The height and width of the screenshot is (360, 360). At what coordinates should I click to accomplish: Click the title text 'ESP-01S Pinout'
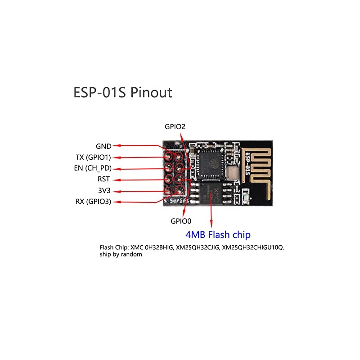[122, 93]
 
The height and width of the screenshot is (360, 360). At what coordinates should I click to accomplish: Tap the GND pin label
[103, 146]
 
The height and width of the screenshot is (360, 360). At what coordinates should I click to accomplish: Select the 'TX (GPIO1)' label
[93, 157]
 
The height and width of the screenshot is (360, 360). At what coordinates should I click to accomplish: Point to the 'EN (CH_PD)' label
[93, 168]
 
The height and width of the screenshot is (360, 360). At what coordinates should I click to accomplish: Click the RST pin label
[103, 179]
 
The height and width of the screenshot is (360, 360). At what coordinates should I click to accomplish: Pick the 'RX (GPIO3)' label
[93, 202]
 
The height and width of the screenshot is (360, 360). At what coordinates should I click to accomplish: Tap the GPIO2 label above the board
[175, 127]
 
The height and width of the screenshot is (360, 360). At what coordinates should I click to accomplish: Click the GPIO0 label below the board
[181, 221]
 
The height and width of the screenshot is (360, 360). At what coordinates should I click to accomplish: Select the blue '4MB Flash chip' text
[218, 234]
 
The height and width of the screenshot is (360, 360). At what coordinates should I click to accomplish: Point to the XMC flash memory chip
[211, 193]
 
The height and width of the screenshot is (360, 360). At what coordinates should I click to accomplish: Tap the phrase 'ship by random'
[121, 254]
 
